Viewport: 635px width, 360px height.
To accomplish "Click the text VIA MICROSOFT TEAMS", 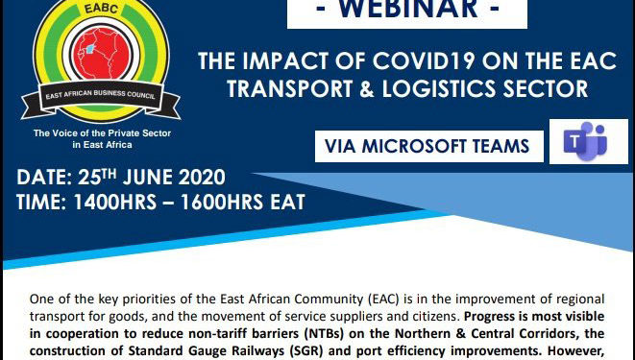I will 427,146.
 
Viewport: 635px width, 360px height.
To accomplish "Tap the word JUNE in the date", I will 143,178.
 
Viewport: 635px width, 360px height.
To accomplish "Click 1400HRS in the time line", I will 108,203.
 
